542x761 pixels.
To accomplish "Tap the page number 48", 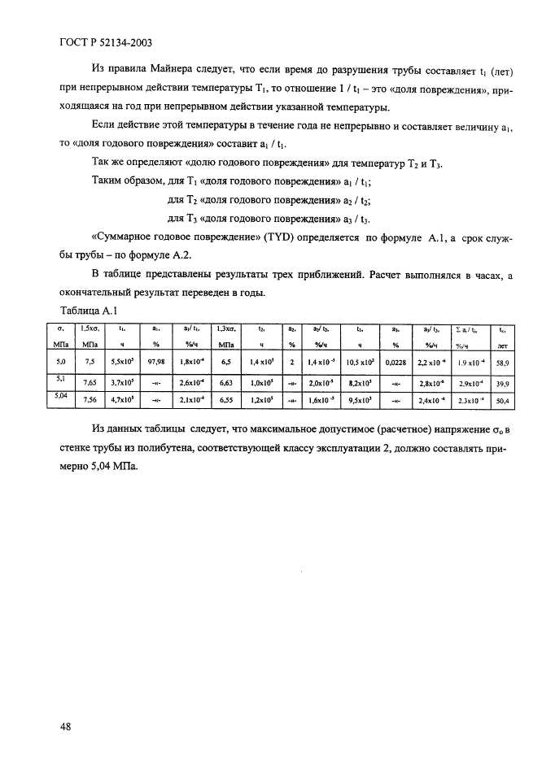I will (x=67, y=726).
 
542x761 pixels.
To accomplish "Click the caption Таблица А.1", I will (x=90, y=311).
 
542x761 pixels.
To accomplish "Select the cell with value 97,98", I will (x=156, y=361).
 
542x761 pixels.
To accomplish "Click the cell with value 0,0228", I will (x=395, y=361).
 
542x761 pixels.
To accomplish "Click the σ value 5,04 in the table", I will (x=59, y=396).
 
